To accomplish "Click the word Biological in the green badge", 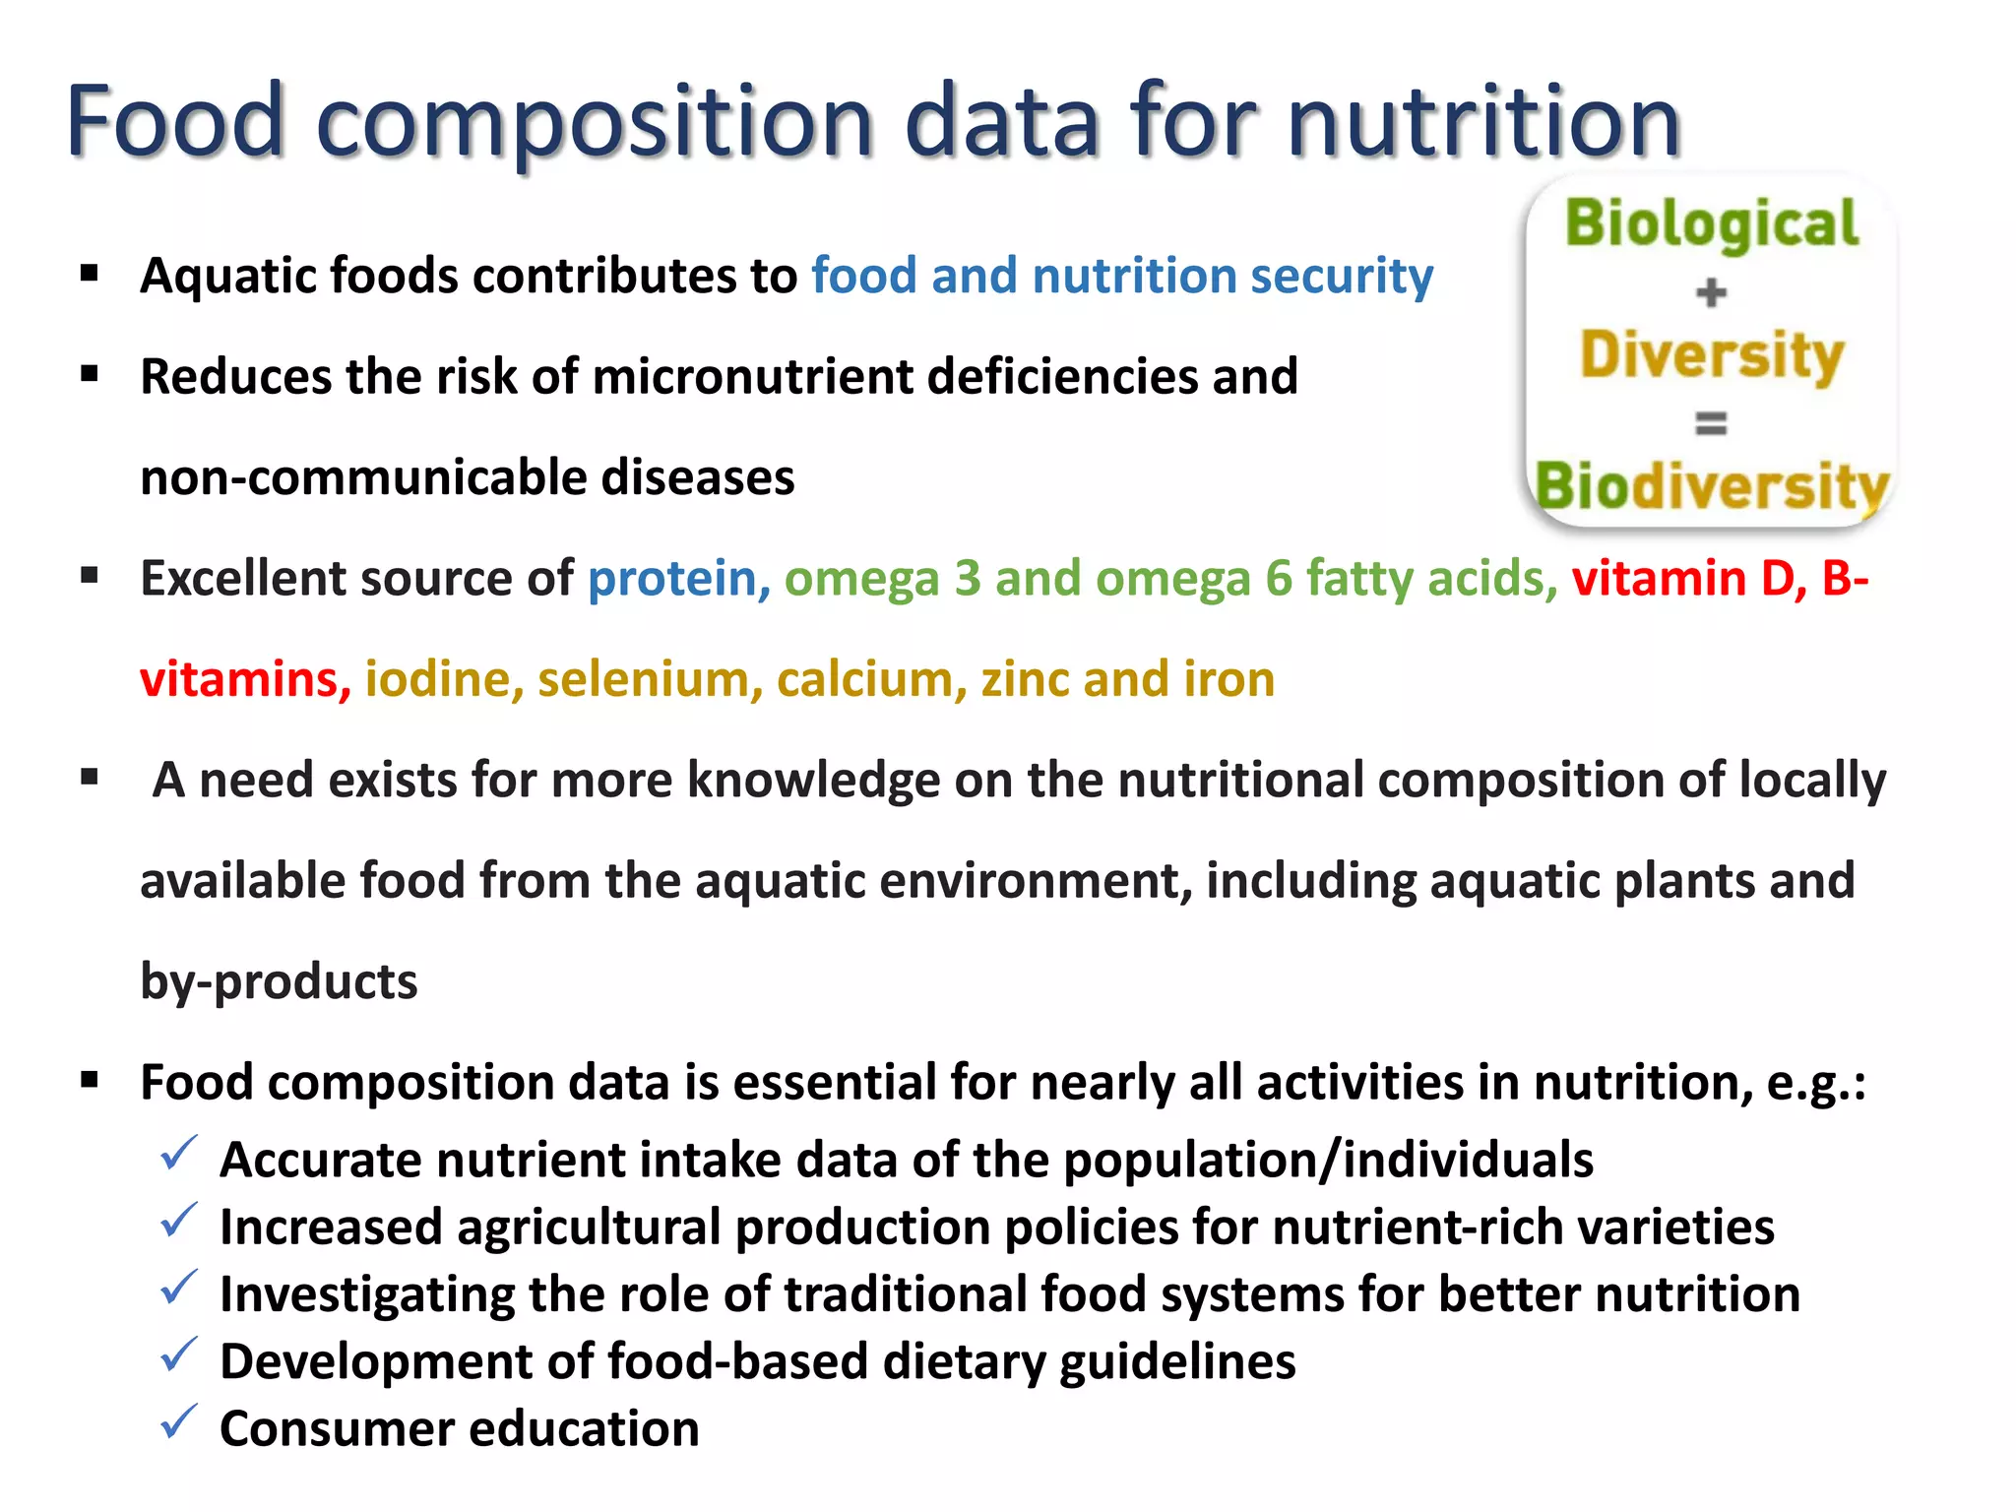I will pos(1712,223).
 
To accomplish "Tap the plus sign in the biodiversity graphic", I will pos(1711,292).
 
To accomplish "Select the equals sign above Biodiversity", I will pos(1711,423).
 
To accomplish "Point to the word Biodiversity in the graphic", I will pos(1712,486).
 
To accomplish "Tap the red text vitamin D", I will pos(1688,579).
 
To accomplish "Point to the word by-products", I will pos(279,982).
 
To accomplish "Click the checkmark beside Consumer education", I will pos(179,1421).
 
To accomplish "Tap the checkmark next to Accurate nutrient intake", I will pos(179,1153).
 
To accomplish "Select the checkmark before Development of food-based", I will pos(179,1354).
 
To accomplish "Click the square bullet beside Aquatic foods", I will pos(91,273).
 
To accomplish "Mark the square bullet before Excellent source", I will pos(91,576).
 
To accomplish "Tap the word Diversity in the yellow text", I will pos(1712,355).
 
